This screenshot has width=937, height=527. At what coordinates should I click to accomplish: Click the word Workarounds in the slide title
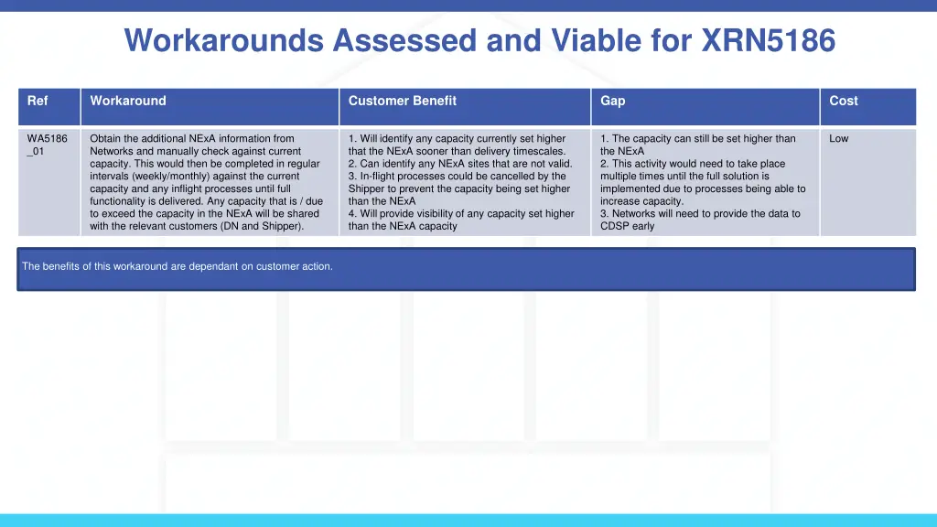tap(225, 40)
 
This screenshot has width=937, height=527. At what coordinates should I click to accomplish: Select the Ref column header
tap(38, 101)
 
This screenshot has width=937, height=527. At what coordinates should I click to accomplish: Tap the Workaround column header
tap(128, 101)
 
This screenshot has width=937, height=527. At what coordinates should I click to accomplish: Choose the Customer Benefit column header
tap(402, 101)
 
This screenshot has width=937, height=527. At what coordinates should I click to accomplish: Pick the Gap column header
tap(612, 101)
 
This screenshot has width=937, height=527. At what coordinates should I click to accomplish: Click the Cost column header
tap(844, 101)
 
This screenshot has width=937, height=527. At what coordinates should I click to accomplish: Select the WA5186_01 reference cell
tap(47, 145)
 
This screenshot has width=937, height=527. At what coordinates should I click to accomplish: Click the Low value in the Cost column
tap(838, 139)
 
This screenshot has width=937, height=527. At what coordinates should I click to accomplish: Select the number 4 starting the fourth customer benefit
tap(351, 214)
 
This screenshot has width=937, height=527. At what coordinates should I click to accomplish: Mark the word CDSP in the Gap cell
tap(614, 226)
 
